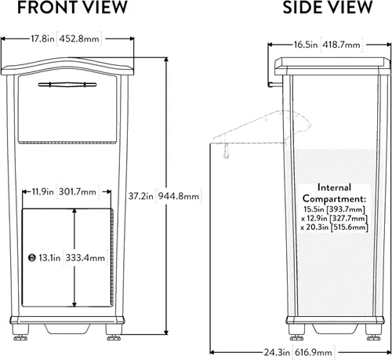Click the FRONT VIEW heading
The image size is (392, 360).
point(72,7)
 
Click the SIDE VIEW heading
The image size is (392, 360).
point(328,7)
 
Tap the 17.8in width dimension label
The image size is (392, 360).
point(42,38)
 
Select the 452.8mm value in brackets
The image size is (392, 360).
point(79,38)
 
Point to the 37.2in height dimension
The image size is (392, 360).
point(140,196)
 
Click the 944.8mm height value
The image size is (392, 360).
point(179,196)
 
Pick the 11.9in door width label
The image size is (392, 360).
point(42,191)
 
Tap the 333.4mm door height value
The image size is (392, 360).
point(85,258)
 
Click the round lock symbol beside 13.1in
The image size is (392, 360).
point(31,257)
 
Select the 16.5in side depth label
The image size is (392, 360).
point(306,45)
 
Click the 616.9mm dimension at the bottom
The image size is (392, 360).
point(314,352)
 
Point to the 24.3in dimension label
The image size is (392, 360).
point(277,352)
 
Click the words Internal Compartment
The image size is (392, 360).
point(334,193)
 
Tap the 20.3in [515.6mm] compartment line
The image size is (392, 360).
point(334,227)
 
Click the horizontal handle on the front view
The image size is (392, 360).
point(67,85)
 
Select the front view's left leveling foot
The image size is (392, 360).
point(20,338)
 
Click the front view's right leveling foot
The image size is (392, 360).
point(114,338)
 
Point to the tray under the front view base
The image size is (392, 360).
point(67,329)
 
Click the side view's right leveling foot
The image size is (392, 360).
point(373,338)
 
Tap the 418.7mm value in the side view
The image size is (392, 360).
point(341,45)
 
